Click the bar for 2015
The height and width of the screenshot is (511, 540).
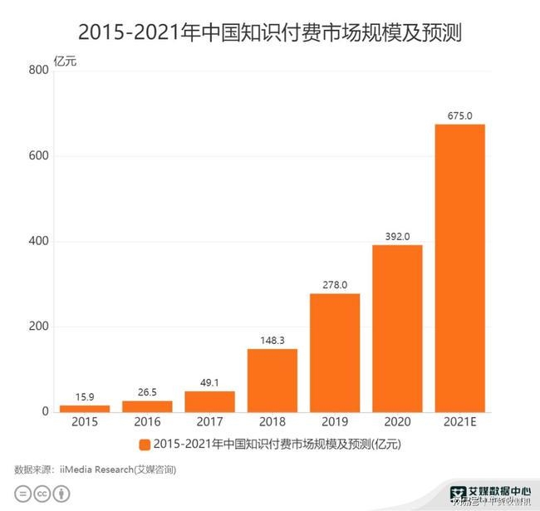point(85,408)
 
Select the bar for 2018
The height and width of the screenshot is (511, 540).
point(272,381)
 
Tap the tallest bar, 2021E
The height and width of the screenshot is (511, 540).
point(459,268)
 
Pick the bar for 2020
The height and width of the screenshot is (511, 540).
point(397,328)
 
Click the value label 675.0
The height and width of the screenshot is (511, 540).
point(459,115)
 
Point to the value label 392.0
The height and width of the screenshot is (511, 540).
point(397,236)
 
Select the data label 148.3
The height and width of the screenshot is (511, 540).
point(272,340)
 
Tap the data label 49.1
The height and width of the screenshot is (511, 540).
point(209,382)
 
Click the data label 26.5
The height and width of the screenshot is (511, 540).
point(147,392)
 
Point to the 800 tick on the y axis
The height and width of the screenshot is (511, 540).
point(39,71)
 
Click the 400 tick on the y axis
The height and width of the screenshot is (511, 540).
point(39,242)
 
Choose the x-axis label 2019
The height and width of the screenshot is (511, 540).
point(334,423)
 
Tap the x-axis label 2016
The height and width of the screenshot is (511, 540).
point(147,423)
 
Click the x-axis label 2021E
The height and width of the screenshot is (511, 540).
point(459,423)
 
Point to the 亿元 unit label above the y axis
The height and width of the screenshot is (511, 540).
point(65,60)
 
